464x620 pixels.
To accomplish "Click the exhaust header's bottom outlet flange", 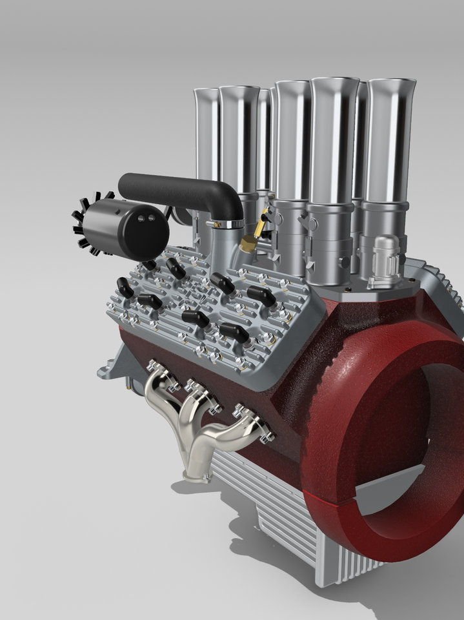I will [196, 477].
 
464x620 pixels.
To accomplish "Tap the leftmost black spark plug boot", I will [125, 286].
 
